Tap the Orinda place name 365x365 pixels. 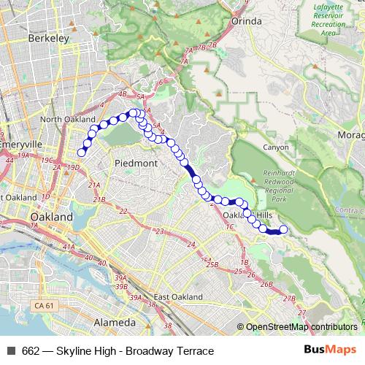[x=246, y=21]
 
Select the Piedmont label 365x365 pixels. [x=136, y=164]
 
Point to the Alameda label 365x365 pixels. [x=115, y=322]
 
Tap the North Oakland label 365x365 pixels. [x=68, y=119]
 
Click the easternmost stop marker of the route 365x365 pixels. [x=283, y=231]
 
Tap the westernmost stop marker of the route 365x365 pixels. [x=82, y=153]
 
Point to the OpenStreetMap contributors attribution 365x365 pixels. [x=300, y=327]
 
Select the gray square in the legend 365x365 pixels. [x=11, y=351]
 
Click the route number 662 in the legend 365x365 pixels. [x=31, y=351]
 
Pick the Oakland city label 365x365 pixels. [x=51, y=218]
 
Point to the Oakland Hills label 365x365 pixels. [x=247, y=215]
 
